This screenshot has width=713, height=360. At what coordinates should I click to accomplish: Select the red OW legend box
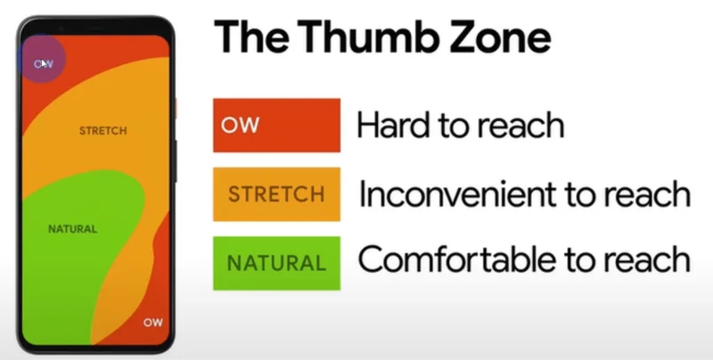pyautogui.click(x=276, y=125)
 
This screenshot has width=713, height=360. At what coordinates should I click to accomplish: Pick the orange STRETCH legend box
pyautogui.click(x=276, y=194)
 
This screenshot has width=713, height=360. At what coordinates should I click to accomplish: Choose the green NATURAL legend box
pyautogui.click(x=276, y=263)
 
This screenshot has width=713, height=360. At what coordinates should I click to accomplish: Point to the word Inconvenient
pyautogui.click(x=457, y=194)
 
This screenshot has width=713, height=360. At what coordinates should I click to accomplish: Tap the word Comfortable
pyautogui.click(x=457, y=259)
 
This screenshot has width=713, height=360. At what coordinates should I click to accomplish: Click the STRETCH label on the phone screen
pyautogui.click(x=103, y=131)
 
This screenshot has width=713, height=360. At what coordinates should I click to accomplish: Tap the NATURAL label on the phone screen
pyautogui.click(x=73, y=229)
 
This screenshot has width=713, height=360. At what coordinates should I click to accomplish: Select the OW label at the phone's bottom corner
pyautogui.click(x=152, y=323)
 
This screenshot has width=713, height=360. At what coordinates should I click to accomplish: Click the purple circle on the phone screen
pyautogui.click(x=41, y=59)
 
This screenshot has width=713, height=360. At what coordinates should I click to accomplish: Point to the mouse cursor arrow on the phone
pyautogui.click(x=45, y=64)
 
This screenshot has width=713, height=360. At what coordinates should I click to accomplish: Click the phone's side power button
pyautogui.click(x=174, y=161)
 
